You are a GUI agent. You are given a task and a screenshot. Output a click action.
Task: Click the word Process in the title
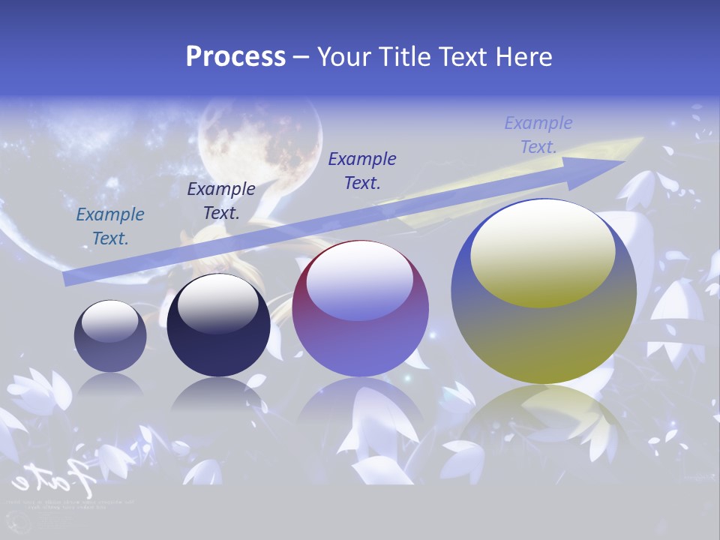(235, 57)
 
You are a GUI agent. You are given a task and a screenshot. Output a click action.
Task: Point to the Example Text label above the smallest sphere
(110, 226)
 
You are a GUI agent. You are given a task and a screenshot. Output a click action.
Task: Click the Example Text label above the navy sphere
(221, 200)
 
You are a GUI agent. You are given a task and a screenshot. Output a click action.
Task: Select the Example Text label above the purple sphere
(362, 170)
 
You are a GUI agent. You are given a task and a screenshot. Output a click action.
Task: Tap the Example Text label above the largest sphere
(538, 134)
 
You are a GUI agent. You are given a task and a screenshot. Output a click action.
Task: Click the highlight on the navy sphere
(218, 304)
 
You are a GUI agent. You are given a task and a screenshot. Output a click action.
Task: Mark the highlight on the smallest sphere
(109, 321)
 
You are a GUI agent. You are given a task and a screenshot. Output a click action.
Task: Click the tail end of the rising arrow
(69, 279)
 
